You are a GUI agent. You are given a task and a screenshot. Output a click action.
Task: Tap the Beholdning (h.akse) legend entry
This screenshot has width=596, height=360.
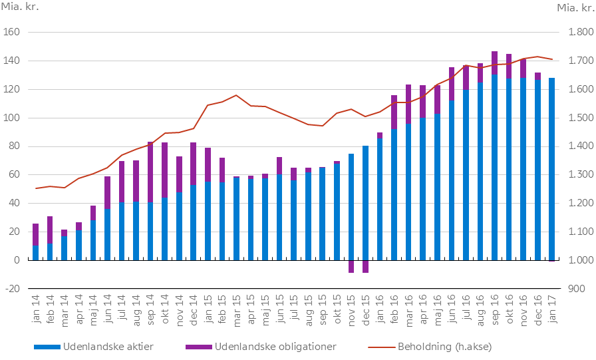click(444, 347)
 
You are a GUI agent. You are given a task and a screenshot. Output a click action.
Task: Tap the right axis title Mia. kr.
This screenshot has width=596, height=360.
click(575, 8)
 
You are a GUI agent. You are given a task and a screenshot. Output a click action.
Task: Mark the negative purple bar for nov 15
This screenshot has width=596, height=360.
click(351, 266)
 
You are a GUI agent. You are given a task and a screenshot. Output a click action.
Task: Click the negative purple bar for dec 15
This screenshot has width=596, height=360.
click(365, 266)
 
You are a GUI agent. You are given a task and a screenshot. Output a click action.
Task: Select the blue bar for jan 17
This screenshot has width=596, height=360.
click(551, 169)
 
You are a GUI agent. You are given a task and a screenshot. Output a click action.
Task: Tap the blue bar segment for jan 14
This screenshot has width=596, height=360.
click(35, 253)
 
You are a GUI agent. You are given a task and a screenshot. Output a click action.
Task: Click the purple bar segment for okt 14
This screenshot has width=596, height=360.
click(164, 170)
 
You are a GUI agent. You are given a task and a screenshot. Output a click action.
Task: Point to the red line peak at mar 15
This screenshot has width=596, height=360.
click(237, 95)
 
